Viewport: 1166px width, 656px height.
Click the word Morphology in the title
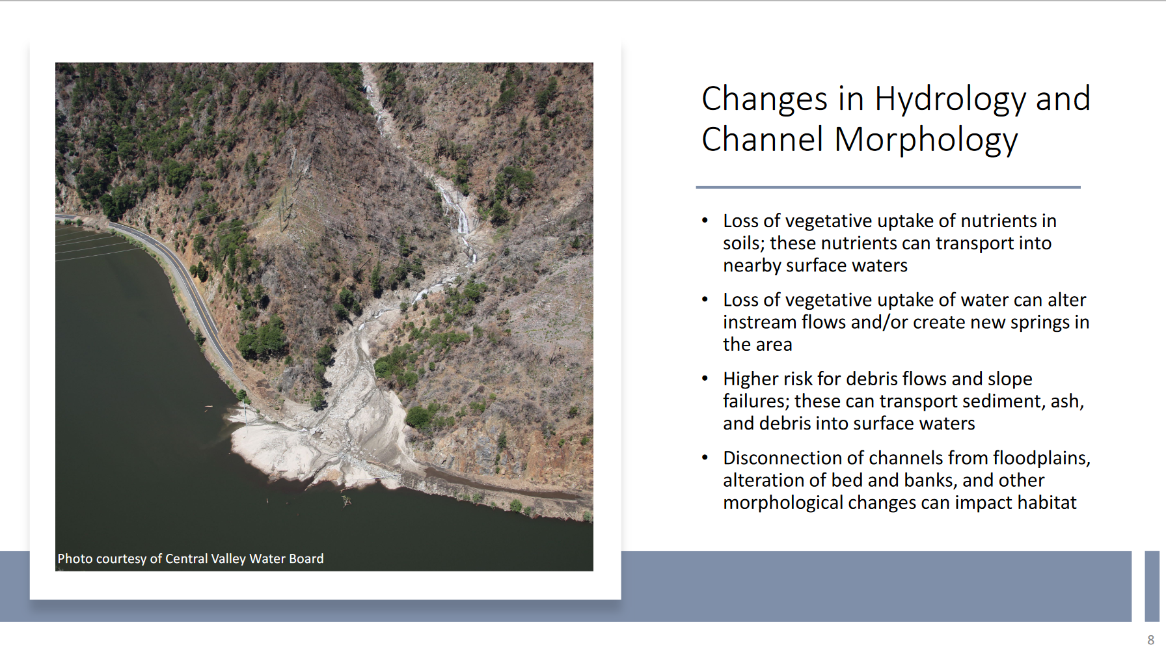[x=926, y=141]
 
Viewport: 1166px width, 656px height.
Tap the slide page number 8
[x=1150, y=640]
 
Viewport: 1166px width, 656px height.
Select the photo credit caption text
[x=191, y=558]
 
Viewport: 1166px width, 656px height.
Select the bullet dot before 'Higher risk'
[x=705, y=378]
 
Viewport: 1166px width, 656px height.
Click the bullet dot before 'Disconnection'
[x=705, y=458]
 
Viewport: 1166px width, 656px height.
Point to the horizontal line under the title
[x=888, y=187]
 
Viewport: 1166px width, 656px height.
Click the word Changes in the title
[x=765, y=100]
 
